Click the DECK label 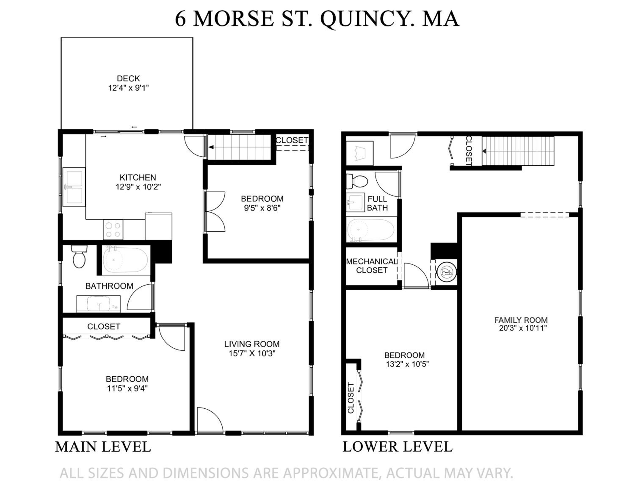point(128,79)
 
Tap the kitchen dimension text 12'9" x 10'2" point(138,187)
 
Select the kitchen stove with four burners point(113,230)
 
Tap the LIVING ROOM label point(252,344)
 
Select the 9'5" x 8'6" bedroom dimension point(262,208)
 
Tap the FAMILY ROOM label point(521,320)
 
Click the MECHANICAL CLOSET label point(371,266)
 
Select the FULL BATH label point(377,203)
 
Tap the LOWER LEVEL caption point(398,447)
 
